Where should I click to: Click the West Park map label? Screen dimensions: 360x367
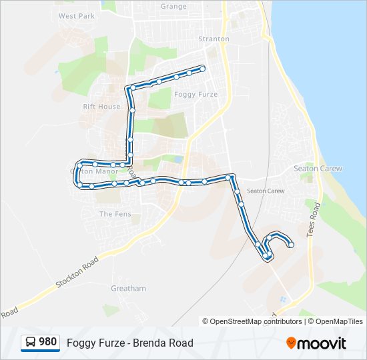click(x=77, y=15)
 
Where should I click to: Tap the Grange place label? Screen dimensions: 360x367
click(x=173, y=6)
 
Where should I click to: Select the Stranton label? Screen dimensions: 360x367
click(x=213, y=39)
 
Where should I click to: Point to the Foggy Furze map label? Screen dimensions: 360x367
click(x=196, y=95)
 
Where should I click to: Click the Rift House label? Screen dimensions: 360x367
click(x=101, y=107)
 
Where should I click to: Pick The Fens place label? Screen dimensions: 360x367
click(x=115, y=214)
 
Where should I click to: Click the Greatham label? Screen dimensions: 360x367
click(x=128, y=289)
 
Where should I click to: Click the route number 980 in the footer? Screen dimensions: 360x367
click(x=47, y=342)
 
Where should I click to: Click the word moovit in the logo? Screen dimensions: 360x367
click(x=322, y=343)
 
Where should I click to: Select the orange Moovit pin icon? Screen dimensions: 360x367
click(x=291, y=343)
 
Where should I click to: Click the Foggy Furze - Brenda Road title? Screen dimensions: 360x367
click(x=129, y=343)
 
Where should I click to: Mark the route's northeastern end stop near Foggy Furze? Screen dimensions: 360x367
click(x=202, y=68)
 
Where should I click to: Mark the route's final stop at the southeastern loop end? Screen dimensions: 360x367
click(x=291, y=245)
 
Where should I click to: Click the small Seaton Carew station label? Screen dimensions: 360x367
click(x=266, y=191)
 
